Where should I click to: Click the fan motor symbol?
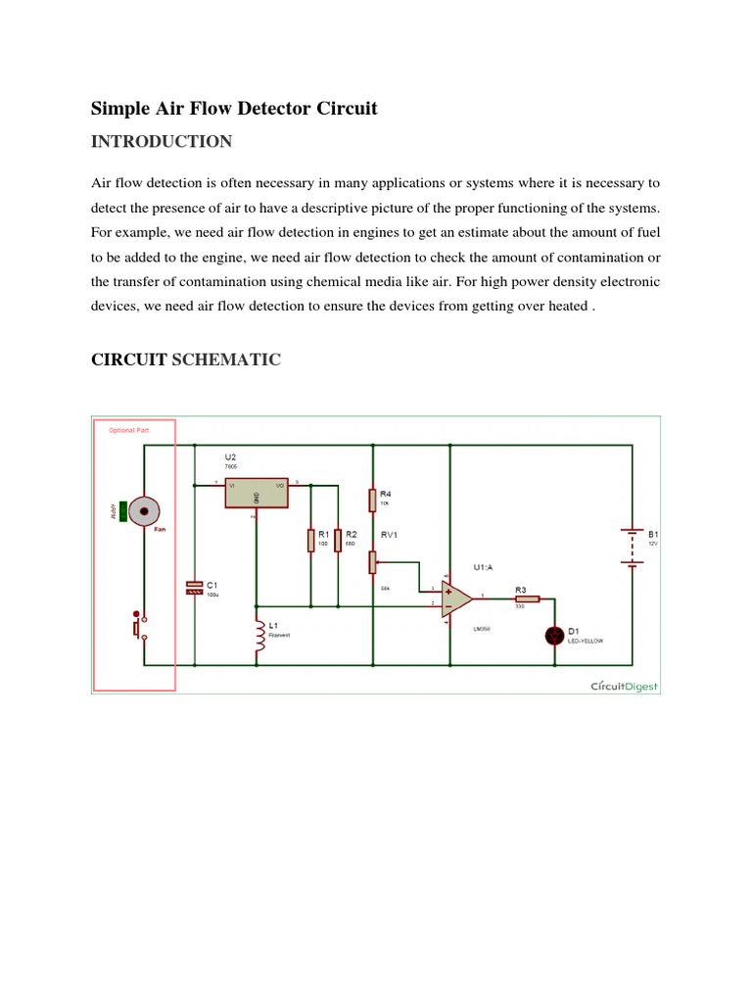145,510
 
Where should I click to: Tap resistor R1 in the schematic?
310,540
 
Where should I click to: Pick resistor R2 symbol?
337,540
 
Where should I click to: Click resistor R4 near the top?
373,501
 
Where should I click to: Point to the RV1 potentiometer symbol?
373,562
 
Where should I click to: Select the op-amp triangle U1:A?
455,597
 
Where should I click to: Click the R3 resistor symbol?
527,597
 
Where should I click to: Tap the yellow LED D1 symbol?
555,636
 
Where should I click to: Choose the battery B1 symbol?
632,548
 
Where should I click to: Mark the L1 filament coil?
258,637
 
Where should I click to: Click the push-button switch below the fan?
139,626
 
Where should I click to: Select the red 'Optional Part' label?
121,430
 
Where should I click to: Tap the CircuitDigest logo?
625,686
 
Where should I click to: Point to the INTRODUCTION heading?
162,142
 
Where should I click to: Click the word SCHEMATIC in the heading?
226,360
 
